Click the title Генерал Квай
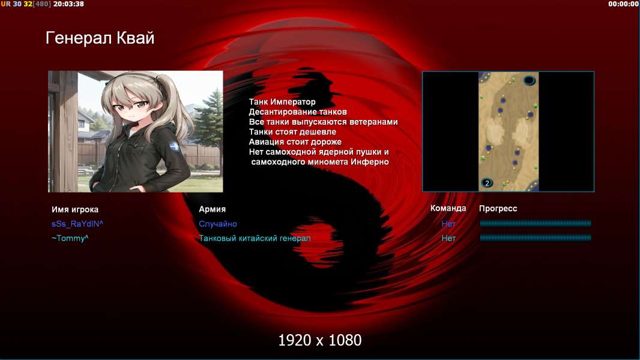click(100, 38)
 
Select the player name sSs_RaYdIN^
click(77, 224)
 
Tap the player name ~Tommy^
click(70, 238)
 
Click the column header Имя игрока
click(74, 209)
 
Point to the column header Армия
click(213, 209)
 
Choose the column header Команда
click(448, 208)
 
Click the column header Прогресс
click(498, 209)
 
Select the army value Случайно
click(218, 224)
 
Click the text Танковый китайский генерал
click(255, 238)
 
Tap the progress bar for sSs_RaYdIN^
click(536, 223)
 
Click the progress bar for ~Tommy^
click(536, 238)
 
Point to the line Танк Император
click(282, 102)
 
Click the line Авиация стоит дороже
click(295, 142)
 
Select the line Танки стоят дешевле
click(292, 132)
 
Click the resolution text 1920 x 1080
click(320, 340)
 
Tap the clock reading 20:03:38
click(68, 4)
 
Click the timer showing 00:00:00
click(623, 4)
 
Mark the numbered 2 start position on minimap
click(487, 183)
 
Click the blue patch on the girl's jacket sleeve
click(175, 146)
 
